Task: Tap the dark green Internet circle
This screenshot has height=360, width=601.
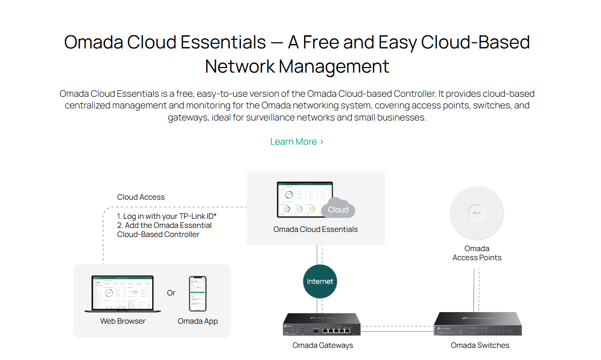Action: (320, 281)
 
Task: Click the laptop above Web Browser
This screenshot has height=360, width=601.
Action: (122, 293)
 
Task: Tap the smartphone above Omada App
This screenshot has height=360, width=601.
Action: (198, 293)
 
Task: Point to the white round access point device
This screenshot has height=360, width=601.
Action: (476, 213)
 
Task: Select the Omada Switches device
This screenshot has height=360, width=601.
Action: (477, 324)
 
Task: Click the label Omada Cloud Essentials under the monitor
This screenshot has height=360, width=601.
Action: (316, 229)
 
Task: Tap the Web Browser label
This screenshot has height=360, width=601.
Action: (123, 321)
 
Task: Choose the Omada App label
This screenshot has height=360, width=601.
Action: (198, 321)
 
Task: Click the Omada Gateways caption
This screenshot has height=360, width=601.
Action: (323, 345)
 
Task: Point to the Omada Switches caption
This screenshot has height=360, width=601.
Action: (480, 345)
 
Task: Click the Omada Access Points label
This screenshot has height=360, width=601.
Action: (477, 253)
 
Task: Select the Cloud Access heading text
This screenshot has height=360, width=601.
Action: (141, 197)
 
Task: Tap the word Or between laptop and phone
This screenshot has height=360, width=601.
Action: (171, 293)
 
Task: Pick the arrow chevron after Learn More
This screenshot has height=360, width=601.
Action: (322, 142)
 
